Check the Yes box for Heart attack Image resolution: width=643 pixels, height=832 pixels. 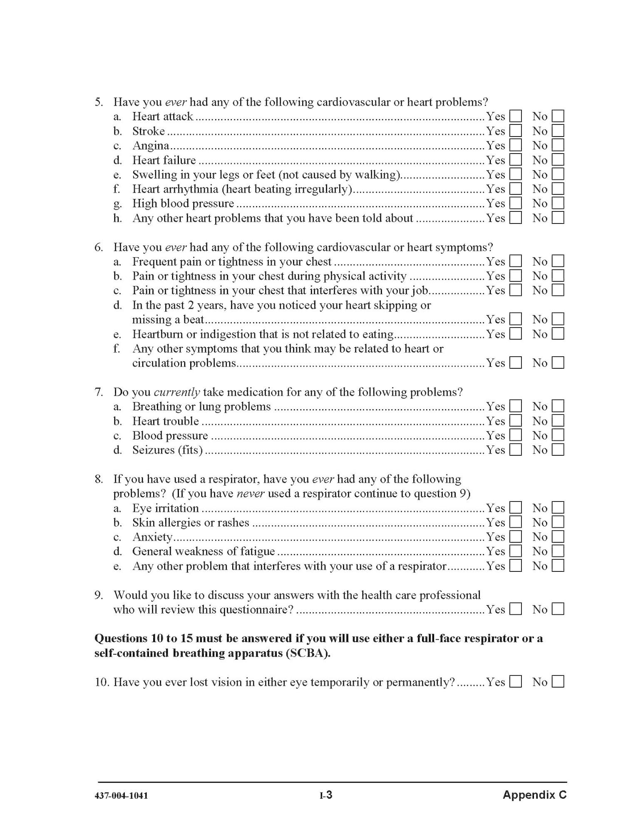pyautogui.click(x=516, y=116)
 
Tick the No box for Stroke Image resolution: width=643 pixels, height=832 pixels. pyautogui.click(x=558, y=131)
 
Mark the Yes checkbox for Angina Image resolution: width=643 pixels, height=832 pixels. pyautogui.click(x=516, y=145)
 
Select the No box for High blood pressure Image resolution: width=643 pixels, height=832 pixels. pyautogui.click(x=558, y=203)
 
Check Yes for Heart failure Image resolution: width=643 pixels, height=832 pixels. pyautogui.click(x=516, y=160)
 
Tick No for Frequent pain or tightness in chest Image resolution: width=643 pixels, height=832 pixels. pyautogui.click(x=558, y=261)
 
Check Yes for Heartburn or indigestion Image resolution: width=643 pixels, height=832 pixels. pyautogui.click(x=516, y=334)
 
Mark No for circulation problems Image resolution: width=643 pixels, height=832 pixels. pyautogui.click(x=558, y=363)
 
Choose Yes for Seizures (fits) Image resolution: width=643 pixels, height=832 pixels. pyautogui.click(x=516, y=450)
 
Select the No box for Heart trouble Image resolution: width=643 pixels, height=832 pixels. pyautogui.click(x=558, y=421)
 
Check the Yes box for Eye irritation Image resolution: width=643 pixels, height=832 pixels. pyautogui.click(x=516, y=508)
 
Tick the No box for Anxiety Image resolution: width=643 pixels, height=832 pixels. pyautogui.click(x=558, y=537)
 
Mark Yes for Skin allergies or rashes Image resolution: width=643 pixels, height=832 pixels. pyautogui.click(x=516, y=522)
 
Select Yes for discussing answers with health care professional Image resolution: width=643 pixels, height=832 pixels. pyautogui.click(x=516, y=609)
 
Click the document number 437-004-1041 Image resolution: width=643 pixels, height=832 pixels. pyautogui.click(x=121, y=796)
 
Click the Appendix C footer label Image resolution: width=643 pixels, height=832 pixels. pyautogui.click(x=534, y=795)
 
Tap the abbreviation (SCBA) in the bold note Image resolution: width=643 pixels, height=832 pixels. pyautogui.click(x=308, y=653)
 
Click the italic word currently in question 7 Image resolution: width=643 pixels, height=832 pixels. pyautogui.click(x=177, y=392)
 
